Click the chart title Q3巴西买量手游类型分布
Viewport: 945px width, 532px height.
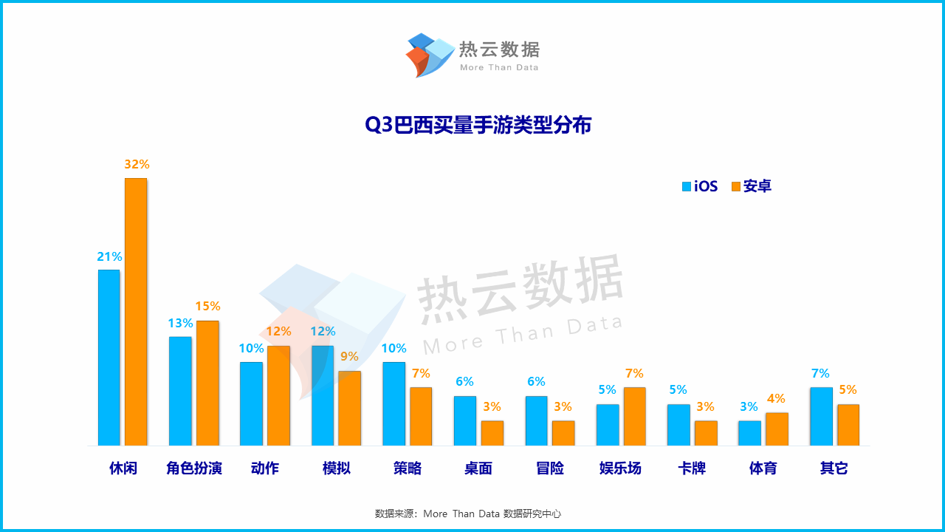pos(478,125)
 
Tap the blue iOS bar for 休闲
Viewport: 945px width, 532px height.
pos(109,358)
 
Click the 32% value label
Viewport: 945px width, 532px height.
pos(137,164)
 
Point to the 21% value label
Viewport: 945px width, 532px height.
pos(109,257)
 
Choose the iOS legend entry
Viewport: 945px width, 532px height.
pos(699,186)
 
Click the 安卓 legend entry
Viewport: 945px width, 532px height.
pos(751,186)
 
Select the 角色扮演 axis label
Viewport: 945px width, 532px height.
pos(194,468)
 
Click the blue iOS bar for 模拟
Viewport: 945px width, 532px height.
pos(323,395)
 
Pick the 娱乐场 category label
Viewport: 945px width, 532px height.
pos(620,468)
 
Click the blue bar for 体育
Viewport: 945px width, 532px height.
pos(749,433)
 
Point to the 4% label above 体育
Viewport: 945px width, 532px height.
pos(776,399)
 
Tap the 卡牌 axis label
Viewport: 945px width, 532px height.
pos(692,468)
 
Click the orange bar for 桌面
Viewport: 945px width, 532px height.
pos(492,433)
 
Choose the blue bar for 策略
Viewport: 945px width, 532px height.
pos(394,403)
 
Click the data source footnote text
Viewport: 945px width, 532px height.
pos(467,514)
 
